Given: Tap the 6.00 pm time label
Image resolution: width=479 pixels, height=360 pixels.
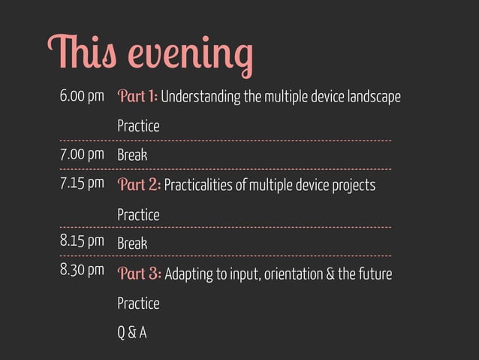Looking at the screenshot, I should coord(82,97).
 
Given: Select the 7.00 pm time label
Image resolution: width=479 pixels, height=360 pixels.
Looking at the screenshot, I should coord(82,156).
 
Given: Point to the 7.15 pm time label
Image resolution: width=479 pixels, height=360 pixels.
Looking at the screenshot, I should coord(82,184).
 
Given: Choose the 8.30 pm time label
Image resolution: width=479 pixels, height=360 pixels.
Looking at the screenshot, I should coord(82,272).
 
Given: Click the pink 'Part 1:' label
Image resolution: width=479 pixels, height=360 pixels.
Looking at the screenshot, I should coord(137,97).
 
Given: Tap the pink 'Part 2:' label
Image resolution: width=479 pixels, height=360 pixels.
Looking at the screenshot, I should coord(138,185).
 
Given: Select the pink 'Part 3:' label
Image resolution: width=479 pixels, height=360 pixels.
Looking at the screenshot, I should coord(139,274).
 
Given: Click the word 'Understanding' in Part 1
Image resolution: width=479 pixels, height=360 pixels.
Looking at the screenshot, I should coord(198,98).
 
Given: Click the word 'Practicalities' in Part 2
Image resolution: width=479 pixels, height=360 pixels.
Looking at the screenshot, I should coord(197,186).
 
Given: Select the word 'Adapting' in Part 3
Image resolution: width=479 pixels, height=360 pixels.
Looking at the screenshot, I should coord(189,274).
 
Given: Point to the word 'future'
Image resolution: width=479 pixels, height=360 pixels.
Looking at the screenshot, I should coord(374,274).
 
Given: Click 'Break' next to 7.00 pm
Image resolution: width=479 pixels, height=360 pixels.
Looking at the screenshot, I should coord(132,156).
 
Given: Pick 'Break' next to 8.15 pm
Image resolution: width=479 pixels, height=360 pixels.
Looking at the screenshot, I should coord(132,244).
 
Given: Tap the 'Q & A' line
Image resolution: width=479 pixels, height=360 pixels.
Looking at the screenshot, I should coord(131,331).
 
